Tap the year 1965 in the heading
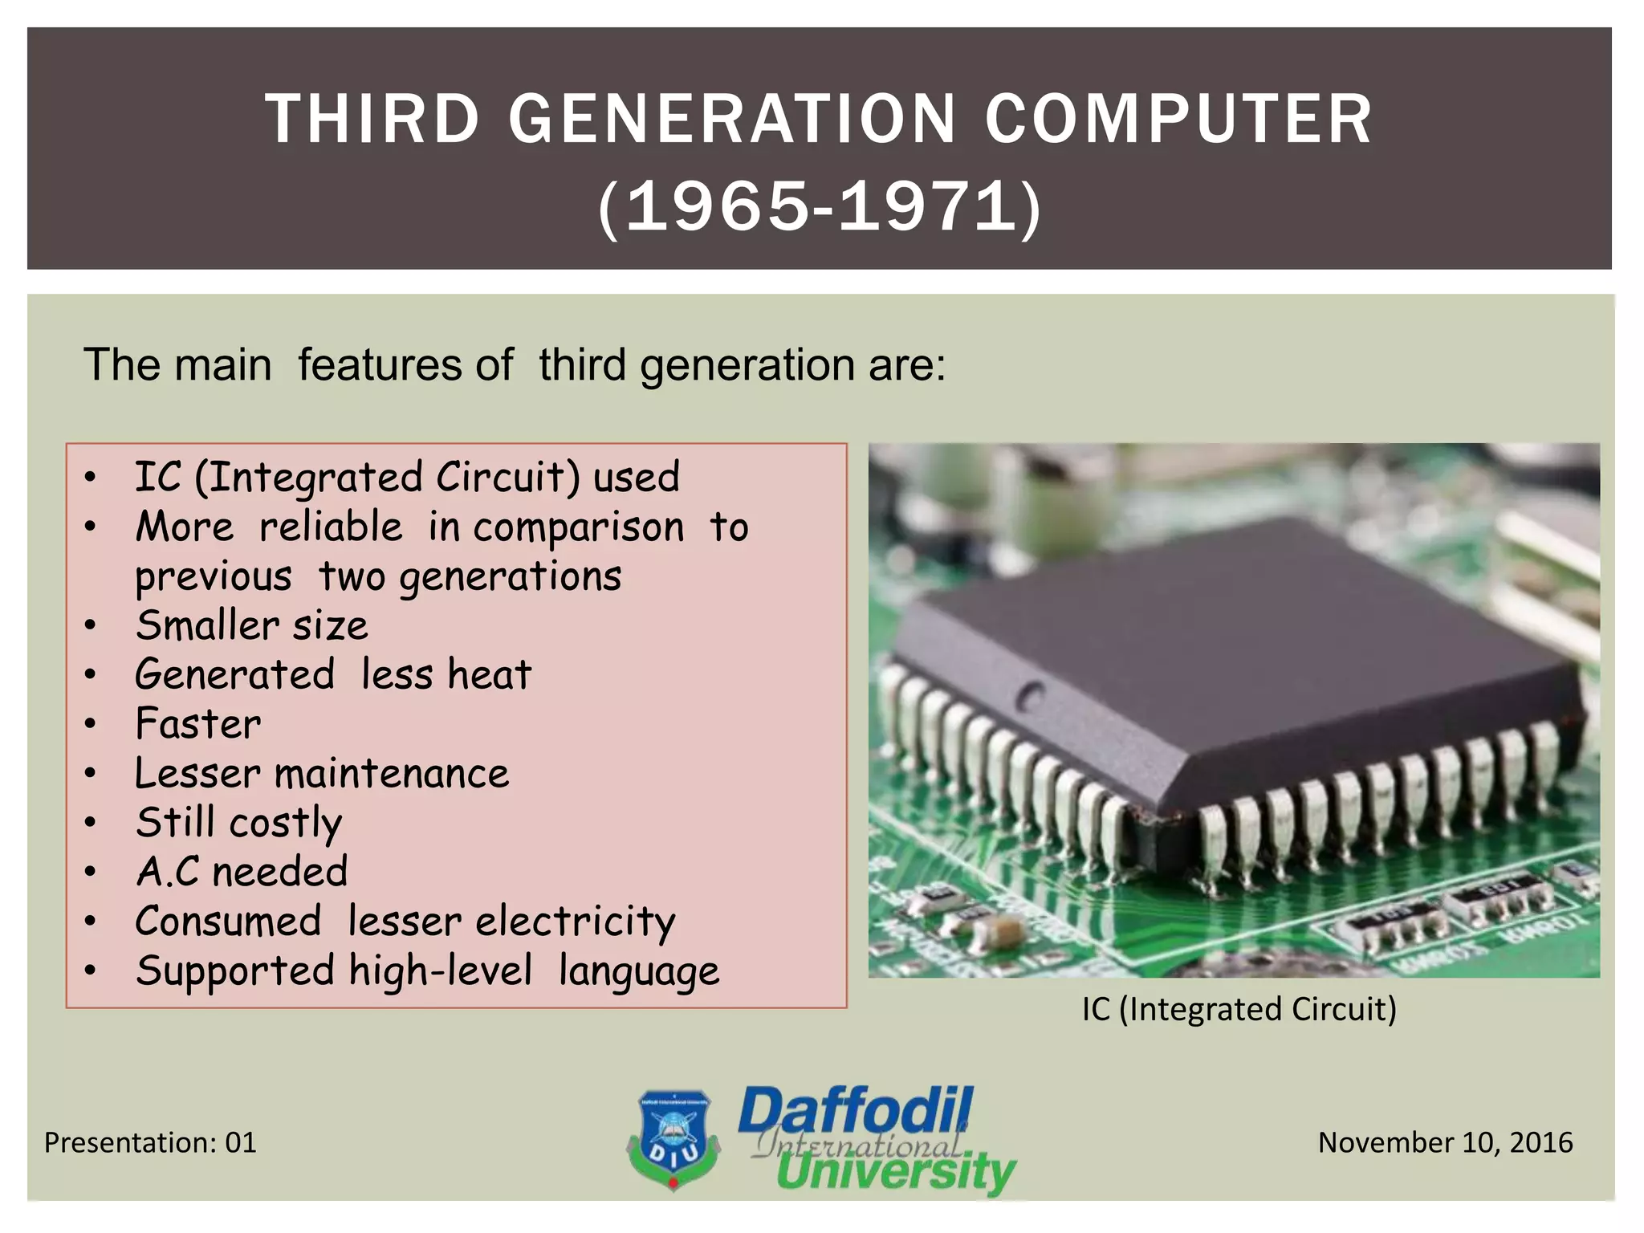click(717, 208)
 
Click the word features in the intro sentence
click(405, 365)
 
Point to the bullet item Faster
click(198, 724)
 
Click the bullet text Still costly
click(239, 823)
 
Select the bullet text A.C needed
click(242, 872)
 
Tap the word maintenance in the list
click(391, 774)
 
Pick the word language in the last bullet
click(639, 971)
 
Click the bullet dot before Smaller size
click(91, 626)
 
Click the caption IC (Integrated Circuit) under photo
click(1239, 1009)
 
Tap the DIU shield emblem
click(673, 1138)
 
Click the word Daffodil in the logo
click(856, 1111)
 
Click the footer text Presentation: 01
click(150, 1142)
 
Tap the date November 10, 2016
click(1445, 1142)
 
